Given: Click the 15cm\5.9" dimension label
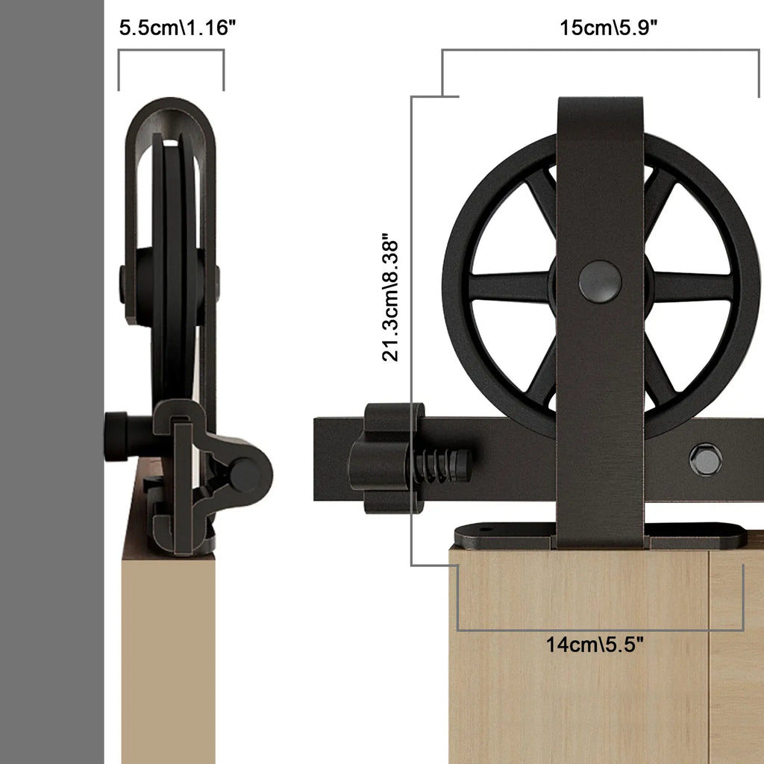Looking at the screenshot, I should [608, 28].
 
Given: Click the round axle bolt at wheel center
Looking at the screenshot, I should [600, 281].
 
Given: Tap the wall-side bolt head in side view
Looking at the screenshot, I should [116, 436].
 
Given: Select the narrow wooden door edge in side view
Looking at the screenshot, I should [168, 657].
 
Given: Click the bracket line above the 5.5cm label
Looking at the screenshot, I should [171, 51].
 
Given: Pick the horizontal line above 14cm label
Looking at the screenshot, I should [597, 630].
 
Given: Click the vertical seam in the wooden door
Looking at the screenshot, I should [708, 657].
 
